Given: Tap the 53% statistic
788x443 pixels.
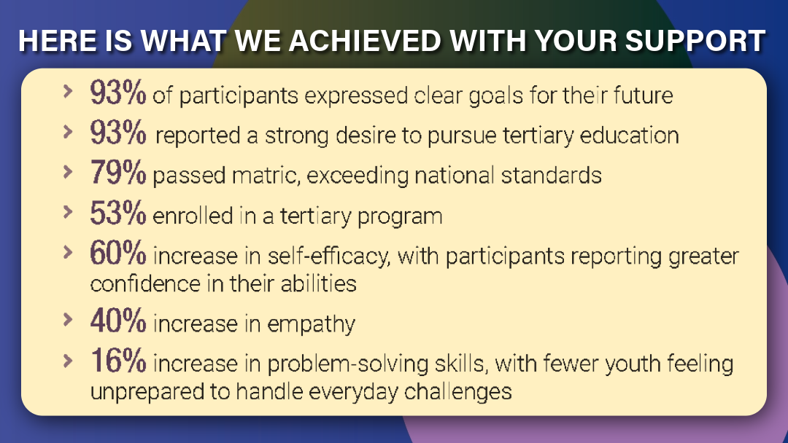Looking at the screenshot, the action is click(x=118, y=213).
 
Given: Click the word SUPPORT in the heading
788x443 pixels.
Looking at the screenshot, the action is click(x=695, y=41).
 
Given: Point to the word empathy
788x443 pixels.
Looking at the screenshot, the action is click(x=311, y=324).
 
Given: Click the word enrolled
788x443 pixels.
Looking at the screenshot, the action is click(x=193, y=216).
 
